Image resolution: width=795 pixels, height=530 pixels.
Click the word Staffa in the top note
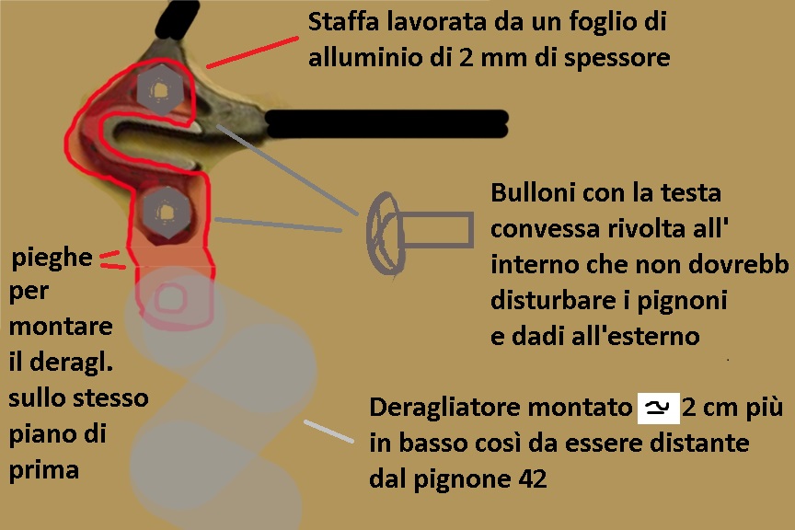click(x=343, y=21)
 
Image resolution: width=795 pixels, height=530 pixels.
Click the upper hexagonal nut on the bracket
click(x=160, y=89)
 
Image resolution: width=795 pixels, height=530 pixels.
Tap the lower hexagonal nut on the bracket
click(x=167, y=212)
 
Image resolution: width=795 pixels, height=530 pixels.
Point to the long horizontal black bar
click(x=386, y=123)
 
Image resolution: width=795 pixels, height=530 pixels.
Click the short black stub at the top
click(x=177, y=19)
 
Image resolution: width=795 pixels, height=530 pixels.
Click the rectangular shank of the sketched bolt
click(x=437, y=230)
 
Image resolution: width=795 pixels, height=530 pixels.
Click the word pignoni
click(x=682, y=301)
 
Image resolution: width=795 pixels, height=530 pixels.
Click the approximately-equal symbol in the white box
click(x=658, y=408)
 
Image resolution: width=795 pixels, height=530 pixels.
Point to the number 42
click(x=533, y=478)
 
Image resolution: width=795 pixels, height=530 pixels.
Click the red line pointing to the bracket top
click(x=252, y=52)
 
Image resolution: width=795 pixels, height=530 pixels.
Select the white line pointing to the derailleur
click(x=328, y=432)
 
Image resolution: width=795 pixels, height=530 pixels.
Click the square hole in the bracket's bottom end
click(x=169, y=299)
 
